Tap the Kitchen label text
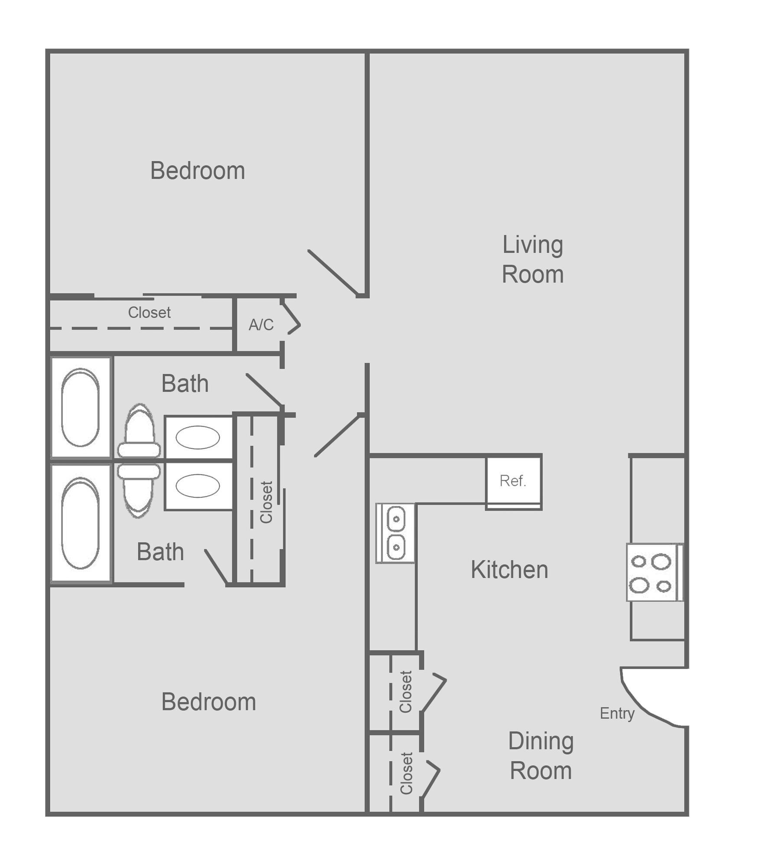tap(509, 569)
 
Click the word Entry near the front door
tap(617, 713)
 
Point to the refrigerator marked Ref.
tap(513, 481)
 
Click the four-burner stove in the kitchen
tap(654, 572)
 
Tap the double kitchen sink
tap(395, 533)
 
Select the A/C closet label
tap(261, 325)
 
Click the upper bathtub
tap(81, 407)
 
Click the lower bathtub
tap(81, 523)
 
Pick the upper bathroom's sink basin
tap(198, 437)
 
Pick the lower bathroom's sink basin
tap(198, 486)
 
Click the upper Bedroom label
tap(198, 171)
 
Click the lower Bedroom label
tap(208, 701)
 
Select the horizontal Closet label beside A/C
tap(149, 313)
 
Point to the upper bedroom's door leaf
tap(332, 273)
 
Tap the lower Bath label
tap(160, 551)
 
